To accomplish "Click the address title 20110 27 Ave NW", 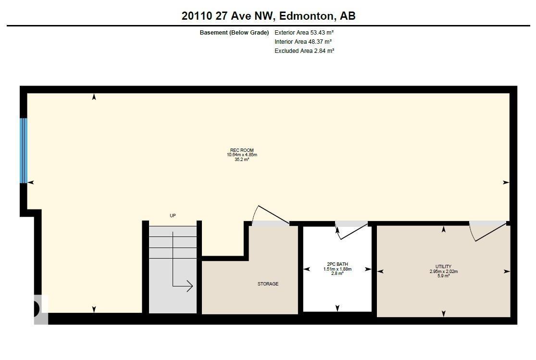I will pos(268,16).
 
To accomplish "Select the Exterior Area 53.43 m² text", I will pos(304,33).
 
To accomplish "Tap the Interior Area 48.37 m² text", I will pos(303,42).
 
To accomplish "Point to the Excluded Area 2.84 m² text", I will pos(304,50).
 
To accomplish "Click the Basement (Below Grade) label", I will pos(234,33).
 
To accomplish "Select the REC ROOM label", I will pos(242,150).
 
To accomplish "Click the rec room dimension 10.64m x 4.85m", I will pos(242,155).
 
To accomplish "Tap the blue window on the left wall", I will pos(23,150).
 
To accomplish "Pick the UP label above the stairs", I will pos(173,216).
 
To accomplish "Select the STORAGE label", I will pos(268,284).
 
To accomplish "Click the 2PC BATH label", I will pos(337,264).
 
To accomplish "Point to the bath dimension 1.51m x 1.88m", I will pos(337,269).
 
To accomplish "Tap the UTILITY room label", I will pos(443,266).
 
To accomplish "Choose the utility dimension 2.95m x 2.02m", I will pos(443,271).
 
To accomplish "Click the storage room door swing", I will pos(271,216).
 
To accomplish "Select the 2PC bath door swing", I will pos(351,231).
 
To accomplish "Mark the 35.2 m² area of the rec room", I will pos(242,159).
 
